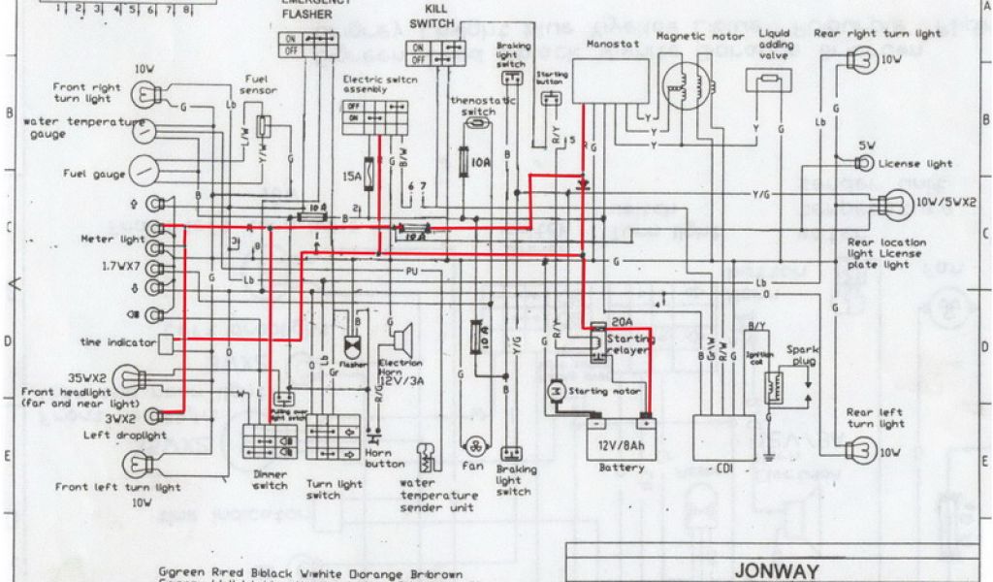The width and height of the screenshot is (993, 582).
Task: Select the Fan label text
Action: coord(472,466)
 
